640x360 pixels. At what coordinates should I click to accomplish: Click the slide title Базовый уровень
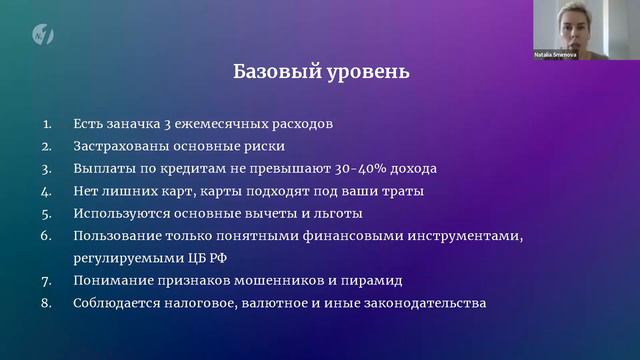click(320, 73)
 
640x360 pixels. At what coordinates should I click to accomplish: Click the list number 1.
click(46, 125)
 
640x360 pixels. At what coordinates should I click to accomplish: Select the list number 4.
click(46, 191)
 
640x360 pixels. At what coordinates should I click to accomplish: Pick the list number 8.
click(46, 302)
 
